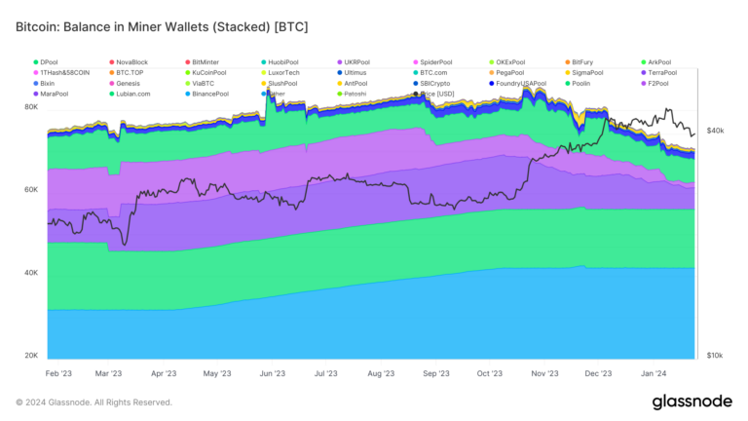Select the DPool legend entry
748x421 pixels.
50,62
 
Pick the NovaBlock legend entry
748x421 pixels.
133,62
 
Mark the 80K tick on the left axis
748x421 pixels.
31,108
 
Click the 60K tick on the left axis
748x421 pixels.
31,191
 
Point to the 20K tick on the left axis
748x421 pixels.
31,357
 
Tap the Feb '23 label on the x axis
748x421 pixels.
60,373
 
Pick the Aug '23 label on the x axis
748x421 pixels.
381,373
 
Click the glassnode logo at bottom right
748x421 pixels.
693,402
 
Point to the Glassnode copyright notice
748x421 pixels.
94,402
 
